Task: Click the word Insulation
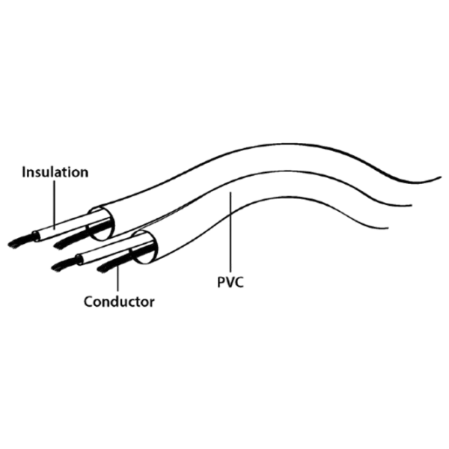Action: click(55, 172)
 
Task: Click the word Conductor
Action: click(119, 302)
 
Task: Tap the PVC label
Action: click(230, 282)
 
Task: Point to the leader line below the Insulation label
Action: click(54, 204)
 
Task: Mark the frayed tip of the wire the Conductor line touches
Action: click(103, 269)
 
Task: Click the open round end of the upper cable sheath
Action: click(101, 223)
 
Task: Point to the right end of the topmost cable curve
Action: click(441, 177)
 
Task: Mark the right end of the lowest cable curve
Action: click(388, 228)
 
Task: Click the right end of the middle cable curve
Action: click(411, 205)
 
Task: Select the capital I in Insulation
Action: click(24, 172)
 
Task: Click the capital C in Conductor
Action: click(89, 302)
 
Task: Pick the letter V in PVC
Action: click(230, 282)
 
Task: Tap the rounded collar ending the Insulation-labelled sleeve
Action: click(36, 236)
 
